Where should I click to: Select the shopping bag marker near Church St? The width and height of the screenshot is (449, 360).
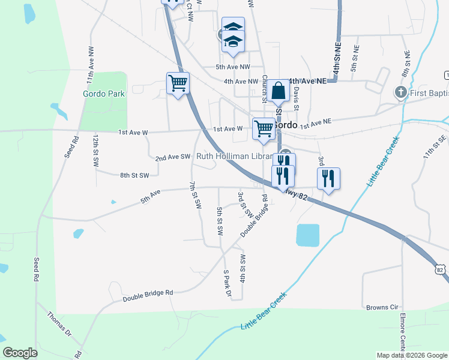pos(279,91)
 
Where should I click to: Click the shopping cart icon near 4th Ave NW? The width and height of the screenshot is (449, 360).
pos(178,83)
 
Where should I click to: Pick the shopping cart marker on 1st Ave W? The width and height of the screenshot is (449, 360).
pos(264,128)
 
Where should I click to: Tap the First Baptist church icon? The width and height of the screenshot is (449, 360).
pos(400,93)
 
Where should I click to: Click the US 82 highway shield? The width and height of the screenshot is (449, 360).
pos(441,270)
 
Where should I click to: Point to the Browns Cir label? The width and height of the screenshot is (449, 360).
pos(382,307)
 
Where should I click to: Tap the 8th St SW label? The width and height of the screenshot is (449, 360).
pos(134,175)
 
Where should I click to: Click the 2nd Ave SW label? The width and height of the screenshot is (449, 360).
pos(172,157)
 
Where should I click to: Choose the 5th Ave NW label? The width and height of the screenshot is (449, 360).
pos(232,67)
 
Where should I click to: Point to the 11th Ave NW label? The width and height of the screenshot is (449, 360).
pos(89,71)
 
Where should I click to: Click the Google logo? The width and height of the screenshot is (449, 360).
pos(20,353)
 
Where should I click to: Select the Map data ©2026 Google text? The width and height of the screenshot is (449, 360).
pos(412,355)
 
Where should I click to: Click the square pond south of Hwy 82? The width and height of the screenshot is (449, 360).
pos(308,235)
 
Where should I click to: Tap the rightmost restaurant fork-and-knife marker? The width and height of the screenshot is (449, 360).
pos(328,178)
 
